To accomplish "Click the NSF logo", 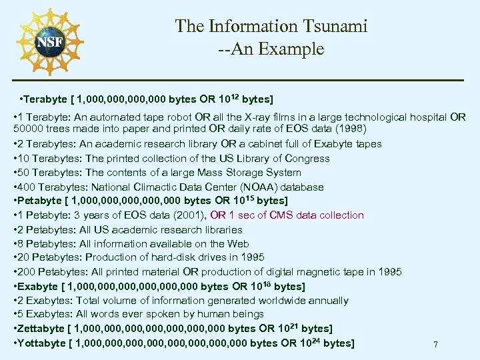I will (x=49, y=41).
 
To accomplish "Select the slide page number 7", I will (x=435, y=345).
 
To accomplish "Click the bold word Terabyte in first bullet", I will (x=46, y=100).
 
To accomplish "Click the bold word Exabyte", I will (x=37, y=287).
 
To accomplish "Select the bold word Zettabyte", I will (x=41, y=329).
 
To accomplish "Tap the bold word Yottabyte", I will (x=41, y=343).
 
